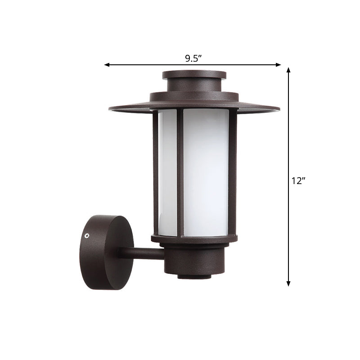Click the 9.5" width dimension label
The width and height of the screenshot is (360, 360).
(x=193, y=58)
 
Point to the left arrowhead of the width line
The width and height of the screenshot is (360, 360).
(x=107, y=65)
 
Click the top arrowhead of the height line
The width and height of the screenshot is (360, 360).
(x=288, y=70)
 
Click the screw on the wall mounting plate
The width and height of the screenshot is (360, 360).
(x=88, y=235)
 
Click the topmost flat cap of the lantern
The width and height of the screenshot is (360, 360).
(x=194, y=74)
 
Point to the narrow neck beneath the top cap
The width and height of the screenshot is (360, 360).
(x=194, y=85)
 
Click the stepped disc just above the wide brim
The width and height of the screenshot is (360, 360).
(x=194, y=96)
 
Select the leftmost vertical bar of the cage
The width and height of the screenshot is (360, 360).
(x=156, y=171)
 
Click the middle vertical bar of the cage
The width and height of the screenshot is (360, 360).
(x=180, y=171)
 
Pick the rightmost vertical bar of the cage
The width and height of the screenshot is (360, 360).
(x=233, y=171)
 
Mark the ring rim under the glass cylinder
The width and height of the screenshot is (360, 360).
(x=194, y=239)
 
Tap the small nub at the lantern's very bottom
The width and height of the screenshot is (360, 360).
(x=194, y=276)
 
